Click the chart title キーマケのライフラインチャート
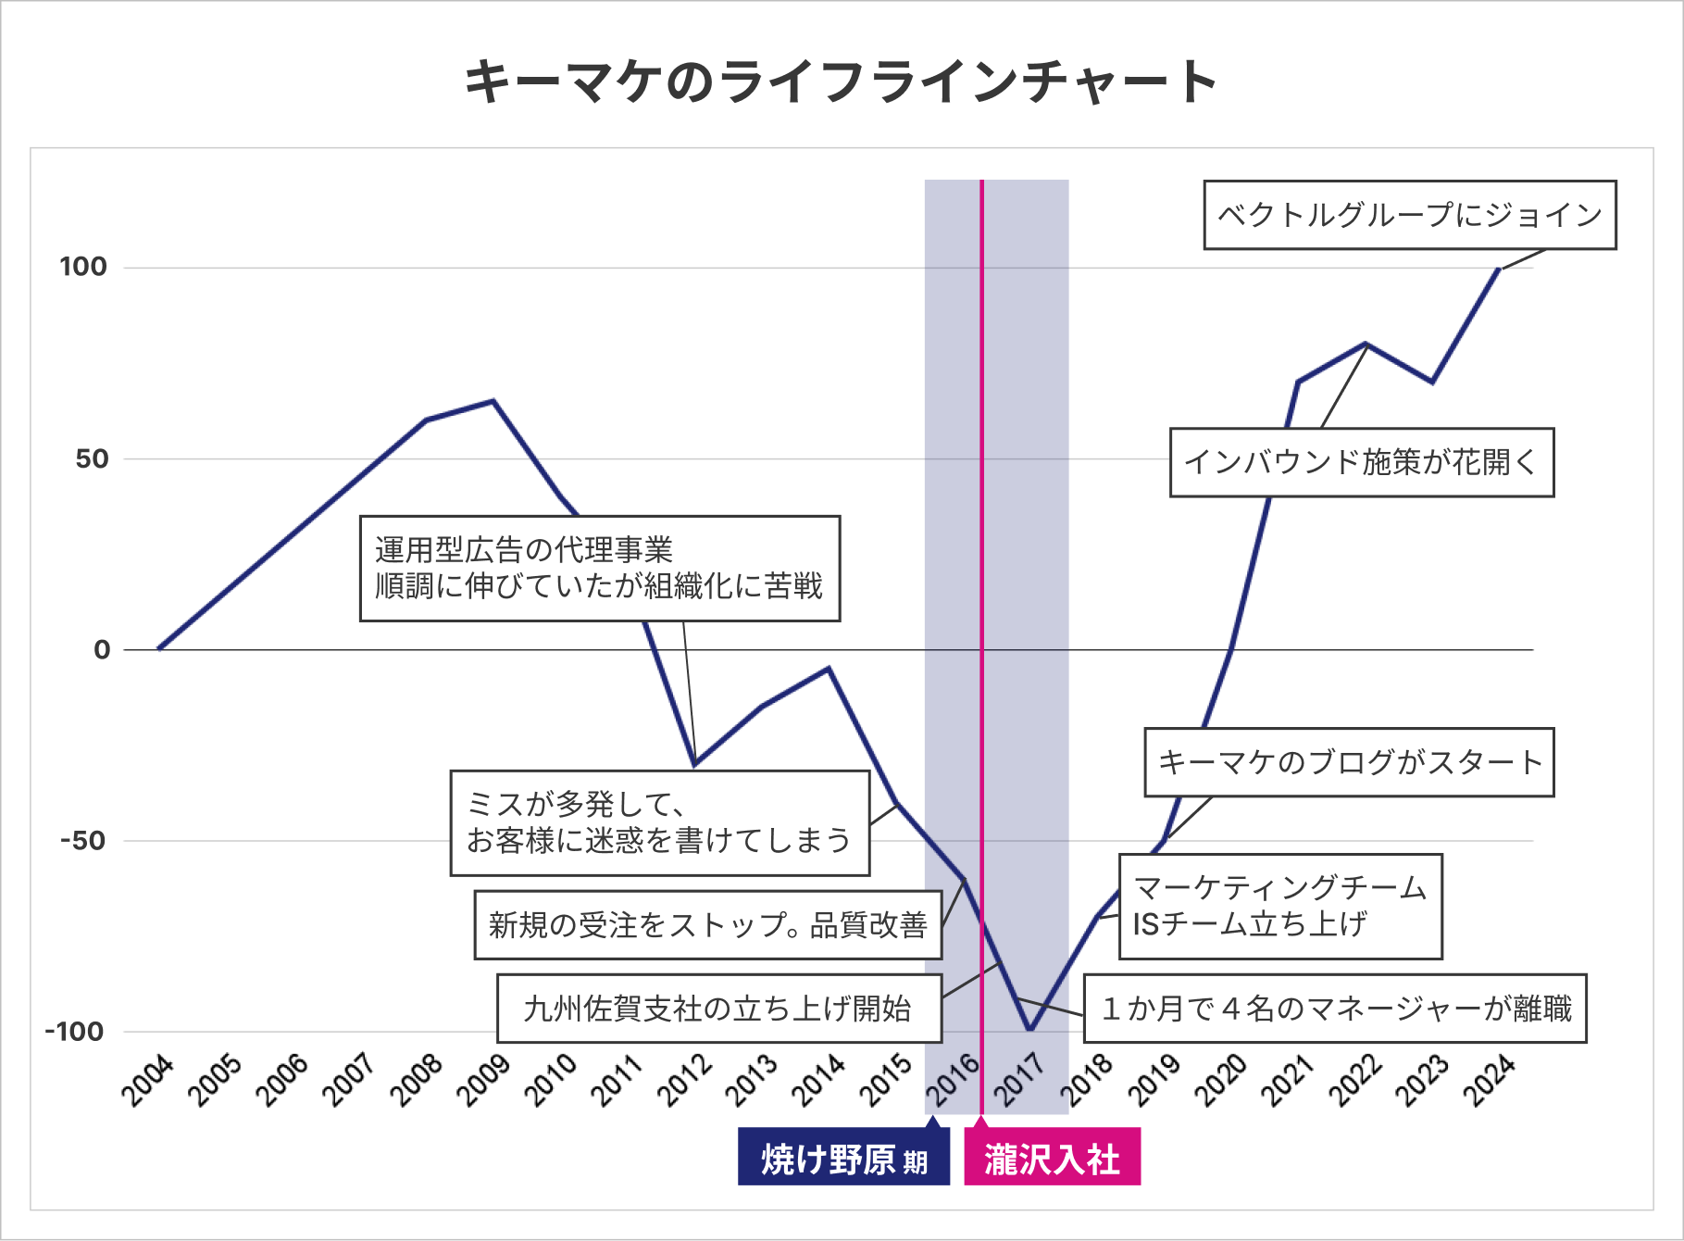[841, 81]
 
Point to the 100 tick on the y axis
[83, 267]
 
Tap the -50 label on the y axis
[83, 841]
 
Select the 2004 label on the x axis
[148, 1080]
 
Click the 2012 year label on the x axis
[684, 1080]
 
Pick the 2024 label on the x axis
[1489, 1080]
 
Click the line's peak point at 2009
[493, 401]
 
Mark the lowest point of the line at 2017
[1029, 1030]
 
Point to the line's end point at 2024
[1499, 269]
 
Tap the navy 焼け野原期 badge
[844, 1157]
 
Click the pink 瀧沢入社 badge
[1053, 1157]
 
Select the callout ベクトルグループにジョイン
[1410, 215]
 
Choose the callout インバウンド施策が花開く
[1362, 462]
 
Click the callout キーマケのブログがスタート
[1350, 762]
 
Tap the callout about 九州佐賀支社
[719, 1008]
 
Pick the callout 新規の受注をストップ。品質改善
[708, 924]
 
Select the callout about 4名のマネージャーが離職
[1335, 1008]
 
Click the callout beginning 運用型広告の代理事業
[600, 568]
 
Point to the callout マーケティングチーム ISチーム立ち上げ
[1281, 906]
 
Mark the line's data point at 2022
[1366, 344]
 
